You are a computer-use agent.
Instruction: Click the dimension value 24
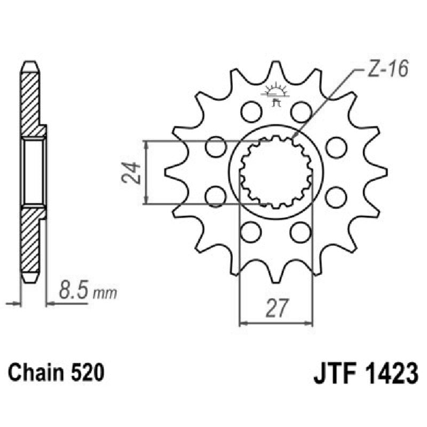[x=132, y=172]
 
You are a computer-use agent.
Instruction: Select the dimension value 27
[x=275, y=309]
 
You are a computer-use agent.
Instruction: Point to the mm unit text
[x=105, y=294]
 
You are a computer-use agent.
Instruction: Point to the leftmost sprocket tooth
[x=172, y=172]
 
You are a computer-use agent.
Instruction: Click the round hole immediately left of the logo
[x=249, y=112]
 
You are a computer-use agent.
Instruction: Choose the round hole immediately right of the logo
[x=301, y=112]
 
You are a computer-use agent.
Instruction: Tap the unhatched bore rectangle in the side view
[x=33, y=172]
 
